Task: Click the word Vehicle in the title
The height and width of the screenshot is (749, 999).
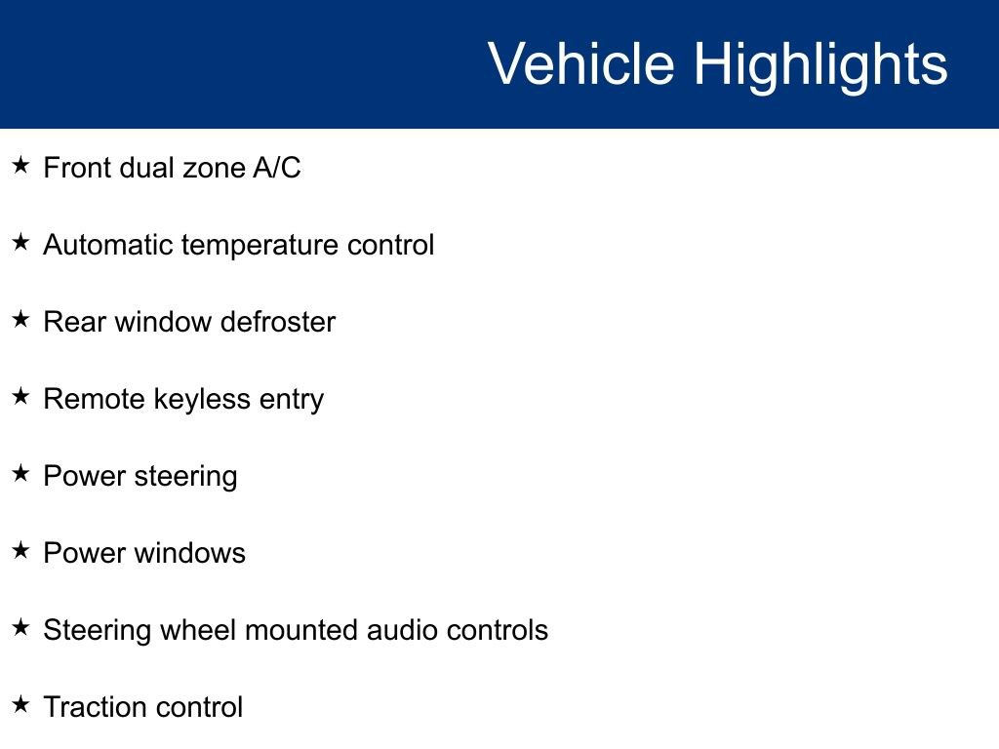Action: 581,63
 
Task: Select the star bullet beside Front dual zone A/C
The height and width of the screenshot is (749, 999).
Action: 20,165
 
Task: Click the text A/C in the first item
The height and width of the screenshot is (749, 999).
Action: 276,168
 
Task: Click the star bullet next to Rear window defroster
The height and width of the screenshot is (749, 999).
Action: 20,319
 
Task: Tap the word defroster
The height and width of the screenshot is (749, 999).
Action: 278,322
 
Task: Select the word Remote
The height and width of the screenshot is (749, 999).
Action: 95,399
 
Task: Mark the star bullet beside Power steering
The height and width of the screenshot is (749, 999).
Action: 20,473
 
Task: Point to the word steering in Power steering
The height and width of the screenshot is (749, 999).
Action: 185,477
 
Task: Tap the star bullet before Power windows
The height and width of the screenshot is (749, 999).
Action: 20,550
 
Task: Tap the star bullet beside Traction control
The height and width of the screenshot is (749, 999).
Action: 20,704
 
